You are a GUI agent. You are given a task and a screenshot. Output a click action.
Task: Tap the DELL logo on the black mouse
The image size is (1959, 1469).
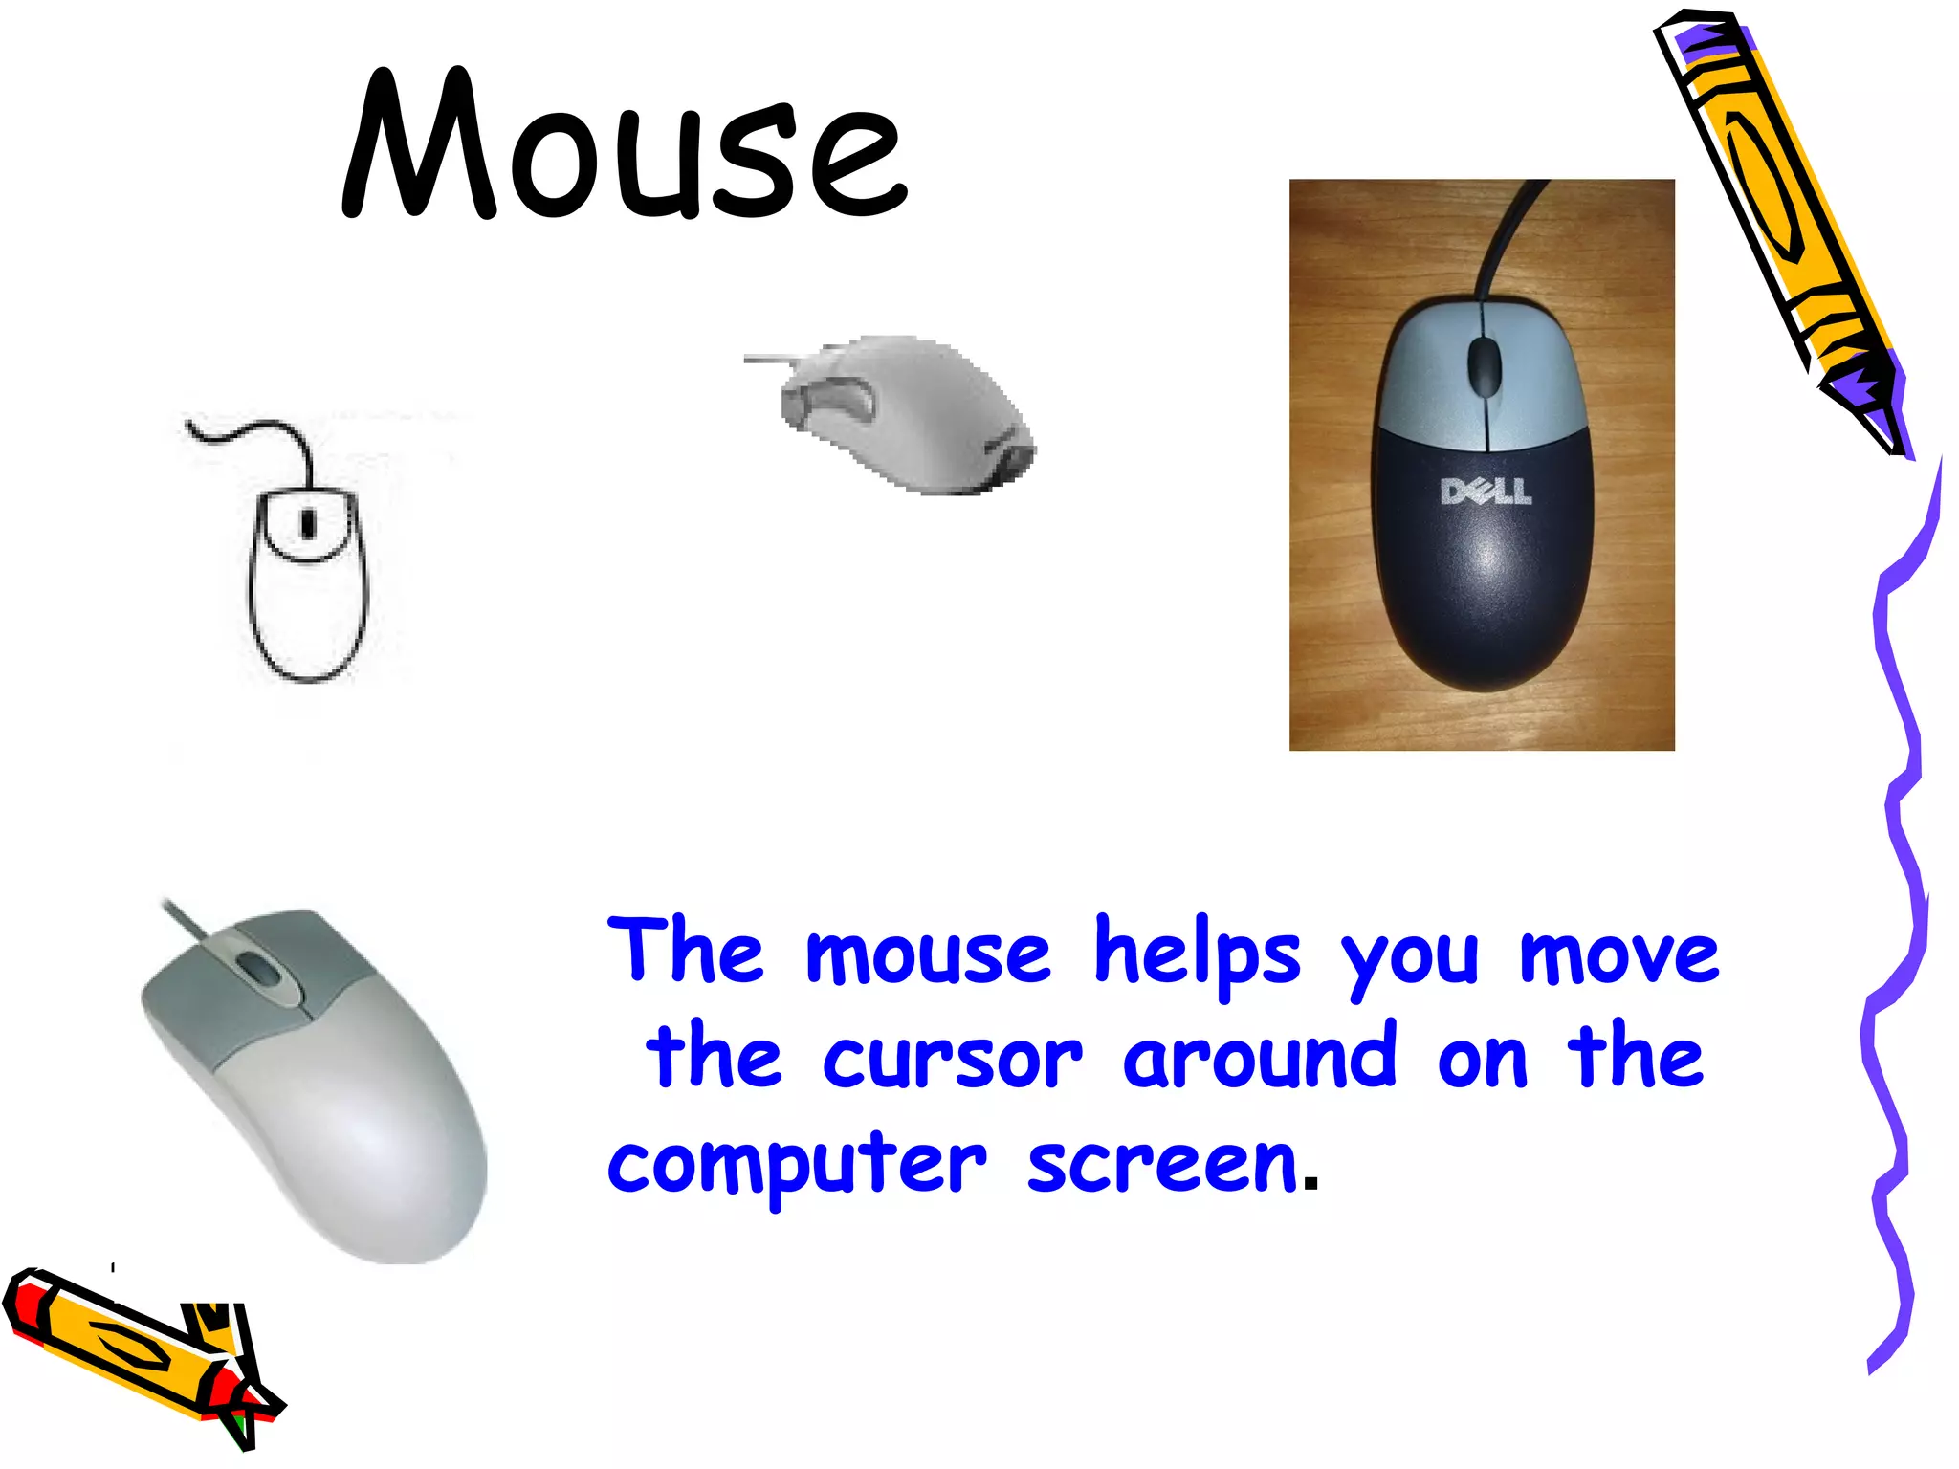(x=1486, y=492)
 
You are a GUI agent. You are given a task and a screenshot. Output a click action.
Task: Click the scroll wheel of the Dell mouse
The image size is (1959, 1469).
(x=1484, y=365)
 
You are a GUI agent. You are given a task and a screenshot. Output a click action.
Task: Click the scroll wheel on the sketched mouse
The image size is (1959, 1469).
(x=308, y=523)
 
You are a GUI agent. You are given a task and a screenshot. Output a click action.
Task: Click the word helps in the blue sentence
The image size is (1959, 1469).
(x=1197, y=953)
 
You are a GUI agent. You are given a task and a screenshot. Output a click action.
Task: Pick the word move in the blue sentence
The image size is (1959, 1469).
(x=1618, y=954)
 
